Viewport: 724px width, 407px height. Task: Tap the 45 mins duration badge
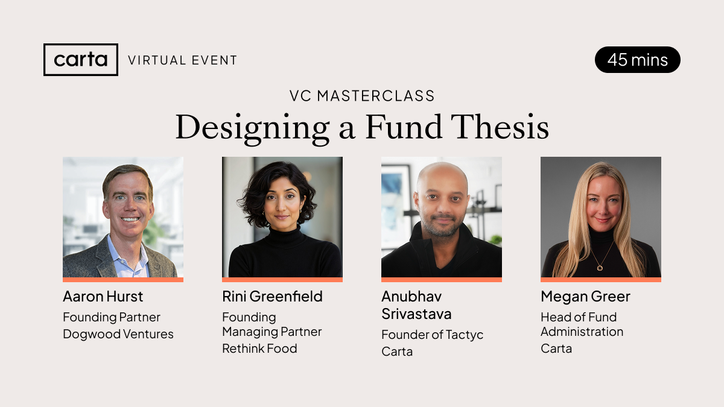pyautogui.click(x=637, y=60)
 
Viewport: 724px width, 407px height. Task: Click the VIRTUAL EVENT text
pyautogui.click(x=183, y=60)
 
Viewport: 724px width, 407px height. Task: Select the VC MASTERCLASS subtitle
pyautogui.click(x=362, y=96)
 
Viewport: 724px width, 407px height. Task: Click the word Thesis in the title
pyautogui.click(x=500, y=127)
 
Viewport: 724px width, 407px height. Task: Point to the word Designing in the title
pyautogui.click(x=252, y=129)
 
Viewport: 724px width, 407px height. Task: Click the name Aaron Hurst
pyautogui.click(x=103, y=297)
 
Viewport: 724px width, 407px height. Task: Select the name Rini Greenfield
pyautogui.click(x=272, y=297)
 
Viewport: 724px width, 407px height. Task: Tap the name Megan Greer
pyautogui.click(x=585, y=297)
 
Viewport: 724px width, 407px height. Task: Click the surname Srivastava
pyautogui.click(x=416, y=314)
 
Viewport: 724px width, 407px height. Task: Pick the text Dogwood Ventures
pyautogui.click(x=118, y=334)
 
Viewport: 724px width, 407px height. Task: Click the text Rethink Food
pyautogui.click(x=259, y=349)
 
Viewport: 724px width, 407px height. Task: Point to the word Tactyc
pyautogui.click(x=465, y=335)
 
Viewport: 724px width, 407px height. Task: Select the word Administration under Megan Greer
pyautogui.click(x=582, y=332)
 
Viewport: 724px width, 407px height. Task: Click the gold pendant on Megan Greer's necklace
pyautogui.click(x=600, y=268)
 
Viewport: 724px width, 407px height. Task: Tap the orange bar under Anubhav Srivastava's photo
pyautogui.click(x=442, y=280)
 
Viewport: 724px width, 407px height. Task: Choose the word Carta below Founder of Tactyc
pyautogui.click(x=397, y=352)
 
